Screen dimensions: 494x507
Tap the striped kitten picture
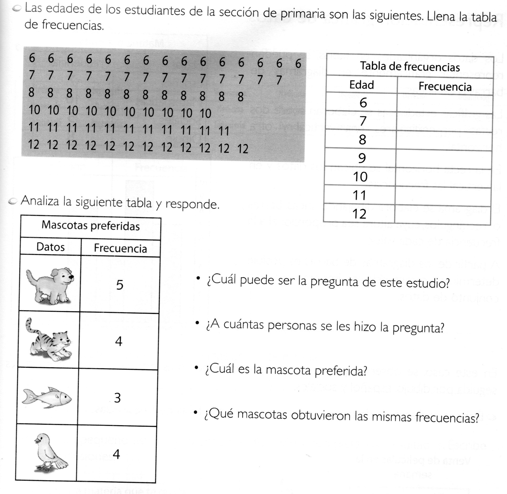[49, 341]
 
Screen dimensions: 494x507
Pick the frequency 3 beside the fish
[118, 398]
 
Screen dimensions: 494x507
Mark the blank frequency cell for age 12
[443, 214]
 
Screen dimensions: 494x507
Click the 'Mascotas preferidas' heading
[91, 226]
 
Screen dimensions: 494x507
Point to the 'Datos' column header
[50, 247]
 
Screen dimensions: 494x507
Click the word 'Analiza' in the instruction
[40, 201]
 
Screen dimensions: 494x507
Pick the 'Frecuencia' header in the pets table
[120, 248]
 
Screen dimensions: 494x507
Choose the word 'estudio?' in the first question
[428, 283]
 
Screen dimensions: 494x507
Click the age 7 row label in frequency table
[363, 121]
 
